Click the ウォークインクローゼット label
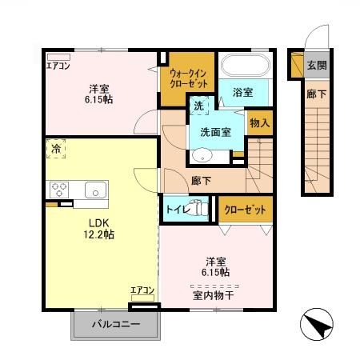pyautogui.click(x=189, y=78)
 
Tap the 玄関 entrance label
pyautogui.click(x=317, y=65)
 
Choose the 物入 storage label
pyautogui.click(x=259, y=123)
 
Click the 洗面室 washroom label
pyautogui.click(x=216, y=132)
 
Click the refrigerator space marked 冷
pyautogui.click(x=57, y=149)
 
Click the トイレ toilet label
pyautogui.click(x=176, y=210)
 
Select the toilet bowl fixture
pyautogui.click(x=200, y=210)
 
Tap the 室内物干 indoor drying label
pyautogui.click(x=213, y=294)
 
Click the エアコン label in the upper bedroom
pyautogui.click(x=58, y=66)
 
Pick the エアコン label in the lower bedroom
pyautogui.click(x=142, y=290)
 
